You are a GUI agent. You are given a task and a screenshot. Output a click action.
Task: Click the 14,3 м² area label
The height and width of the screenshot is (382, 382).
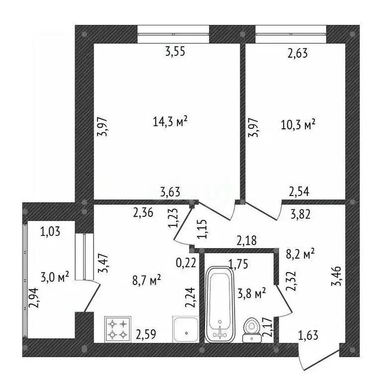pyautogui.click(x=170, y=121)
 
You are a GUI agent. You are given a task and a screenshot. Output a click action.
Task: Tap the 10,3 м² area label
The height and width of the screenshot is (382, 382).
pyautogui.click(x=298, y=124)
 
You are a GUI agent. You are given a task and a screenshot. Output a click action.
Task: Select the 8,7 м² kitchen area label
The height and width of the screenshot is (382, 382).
pyautogui.click(x=146, y=280)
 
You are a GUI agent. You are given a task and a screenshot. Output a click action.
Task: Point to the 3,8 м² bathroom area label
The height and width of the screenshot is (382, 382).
pyautogui.click(x=251, y=293)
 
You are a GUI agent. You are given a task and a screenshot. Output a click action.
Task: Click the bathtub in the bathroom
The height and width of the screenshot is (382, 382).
pyautogui.click(x=220, y=304)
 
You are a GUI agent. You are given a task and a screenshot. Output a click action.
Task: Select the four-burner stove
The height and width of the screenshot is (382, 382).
pyautogui.click(x=118, y=329)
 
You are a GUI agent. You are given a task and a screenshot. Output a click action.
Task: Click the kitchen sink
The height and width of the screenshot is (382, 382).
pyautogui.click(x=186, y=329)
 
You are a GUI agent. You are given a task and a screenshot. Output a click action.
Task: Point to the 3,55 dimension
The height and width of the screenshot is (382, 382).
pyautogui.click(x=175, y=51)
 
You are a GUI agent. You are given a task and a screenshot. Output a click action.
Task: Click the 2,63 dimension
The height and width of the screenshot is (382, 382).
pyautogui.click(x=297, y=53)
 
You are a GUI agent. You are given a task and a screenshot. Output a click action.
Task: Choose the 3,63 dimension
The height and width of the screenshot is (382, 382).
pyautogui.click(x=170, y=192)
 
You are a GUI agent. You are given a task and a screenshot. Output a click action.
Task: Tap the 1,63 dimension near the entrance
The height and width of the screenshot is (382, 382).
pyautogui.click(x=308, y=335)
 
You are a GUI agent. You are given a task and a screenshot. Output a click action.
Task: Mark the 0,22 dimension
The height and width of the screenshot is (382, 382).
pyautogui.click(x=186, y=263)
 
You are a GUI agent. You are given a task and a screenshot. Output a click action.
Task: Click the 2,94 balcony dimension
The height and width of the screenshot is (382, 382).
pyautogui.click(x=34, y=298)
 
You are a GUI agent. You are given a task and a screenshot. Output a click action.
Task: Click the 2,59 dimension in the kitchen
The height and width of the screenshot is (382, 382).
pyautogui.click(x=146, y=334)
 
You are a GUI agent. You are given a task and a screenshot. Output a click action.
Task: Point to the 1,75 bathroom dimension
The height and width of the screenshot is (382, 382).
pyautogui.click(x=238, y=264)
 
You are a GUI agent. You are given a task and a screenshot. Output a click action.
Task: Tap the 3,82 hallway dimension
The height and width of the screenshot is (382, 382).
pyautogui.click(x=300, y=214)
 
